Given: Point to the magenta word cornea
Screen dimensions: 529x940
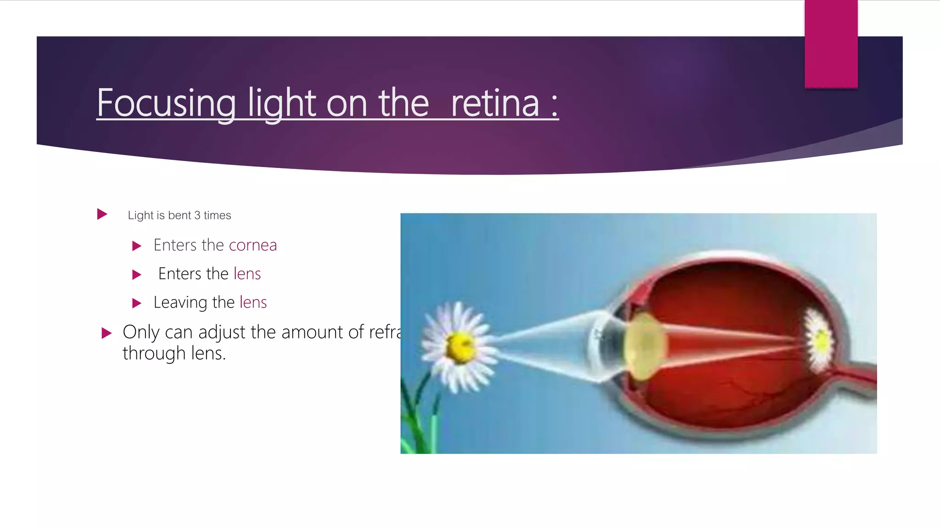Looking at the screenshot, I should coord(252,245).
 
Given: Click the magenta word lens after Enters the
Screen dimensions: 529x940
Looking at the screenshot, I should coord(247,274).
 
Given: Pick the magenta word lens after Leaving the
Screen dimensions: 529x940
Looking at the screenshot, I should coord(253,302).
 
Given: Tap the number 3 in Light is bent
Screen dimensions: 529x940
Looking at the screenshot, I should coord(197,215).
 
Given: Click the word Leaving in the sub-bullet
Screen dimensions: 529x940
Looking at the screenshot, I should coord(180,303).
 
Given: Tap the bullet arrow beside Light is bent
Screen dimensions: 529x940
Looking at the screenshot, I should coord(102,214).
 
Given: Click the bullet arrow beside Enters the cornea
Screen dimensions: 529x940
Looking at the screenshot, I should coord(137,246).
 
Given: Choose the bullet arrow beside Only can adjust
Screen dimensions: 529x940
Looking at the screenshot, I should coord(106,333).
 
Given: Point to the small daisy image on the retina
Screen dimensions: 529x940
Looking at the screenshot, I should coord(819,340).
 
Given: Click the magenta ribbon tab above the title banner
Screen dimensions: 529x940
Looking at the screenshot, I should coord(831,44).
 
